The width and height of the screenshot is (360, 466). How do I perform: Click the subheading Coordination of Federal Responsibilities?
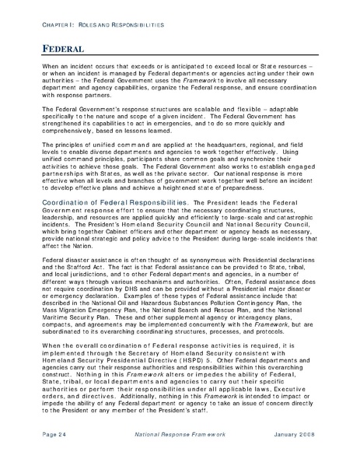114,201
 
